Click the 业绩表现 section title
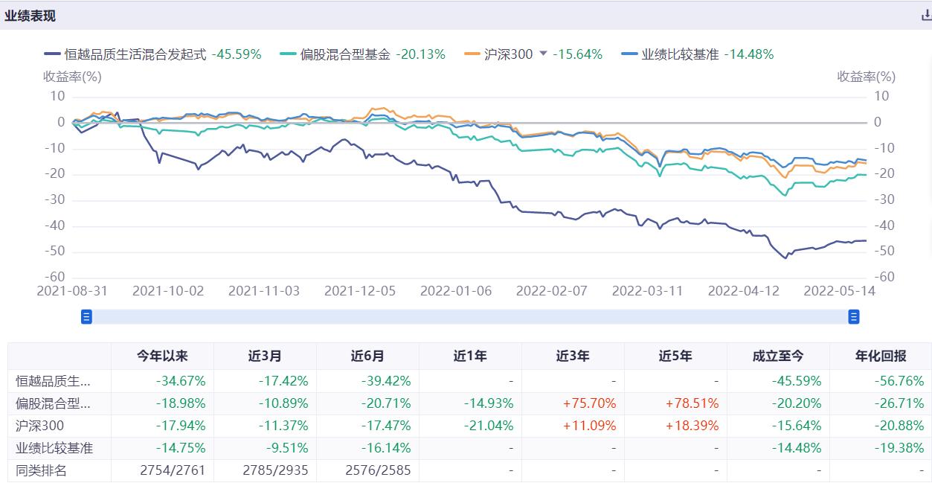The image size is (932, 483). [x=30, y=16]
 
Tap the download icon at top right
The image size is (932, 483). [x=926, y=16]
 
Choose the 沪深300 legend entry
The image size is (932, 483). [x=508, y=54]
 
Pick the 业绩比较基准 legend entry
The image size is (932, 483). [x=681, y=54]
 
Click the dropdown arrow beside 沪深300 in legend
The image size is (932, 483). [x=543, y=54]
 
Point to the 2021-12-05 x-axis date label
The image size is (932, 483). [x=360, y=291]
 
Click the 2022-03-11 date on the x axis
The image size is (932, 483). [x=648, y=291]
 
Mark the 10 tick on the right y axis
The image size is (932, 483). [x=881, y=96]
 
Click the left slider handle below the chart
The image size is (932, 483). [x=86, y=318]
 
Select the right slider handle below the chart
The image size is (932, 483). [x=854, y=318]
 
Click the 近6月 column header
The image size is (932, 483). [x=367, y=356]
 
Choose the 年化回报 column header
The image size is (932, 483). [x=881, y=356]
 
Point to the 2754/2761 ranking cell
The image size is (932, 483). [x=172, y=470]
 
